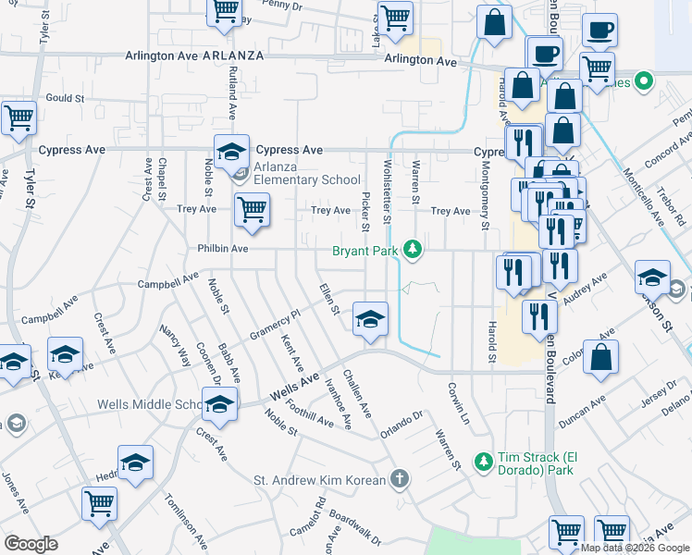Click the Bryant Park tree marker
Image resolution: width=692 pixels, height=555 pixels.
pyautogui.click(x=414, y=250)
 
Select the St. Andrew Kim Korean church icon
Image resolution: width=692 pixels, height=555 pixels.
pyautogui.click(x=399, y=478)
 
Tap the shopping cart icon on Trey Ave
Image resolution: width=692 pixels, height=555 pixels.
pyautogui.click(x=252, y=211)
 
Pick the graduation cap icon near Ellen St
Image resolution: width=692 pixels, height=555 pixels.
pyautogui.click(x=370, y=319)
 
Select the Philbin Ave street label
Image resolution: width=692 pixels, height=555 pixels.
pyautogui.click(x=222, y=249)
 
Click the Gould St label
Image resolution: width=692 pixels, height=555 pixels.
pyautogui.click(x=65, y=97)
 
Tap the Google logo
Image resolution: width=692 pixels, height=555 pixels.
pyautogui.click(x=31, y=544)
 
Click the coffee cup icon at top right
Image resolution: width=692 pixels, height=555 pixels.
pyautogui.click(x=599, y=31)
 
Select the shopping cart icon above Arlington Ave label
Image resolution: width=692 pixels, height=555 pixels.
pyautogui.click(x=395, y=18)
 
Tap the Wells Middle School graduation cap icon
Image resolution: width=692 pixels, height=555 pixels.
pyautogui.click(x=220, y=404)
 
